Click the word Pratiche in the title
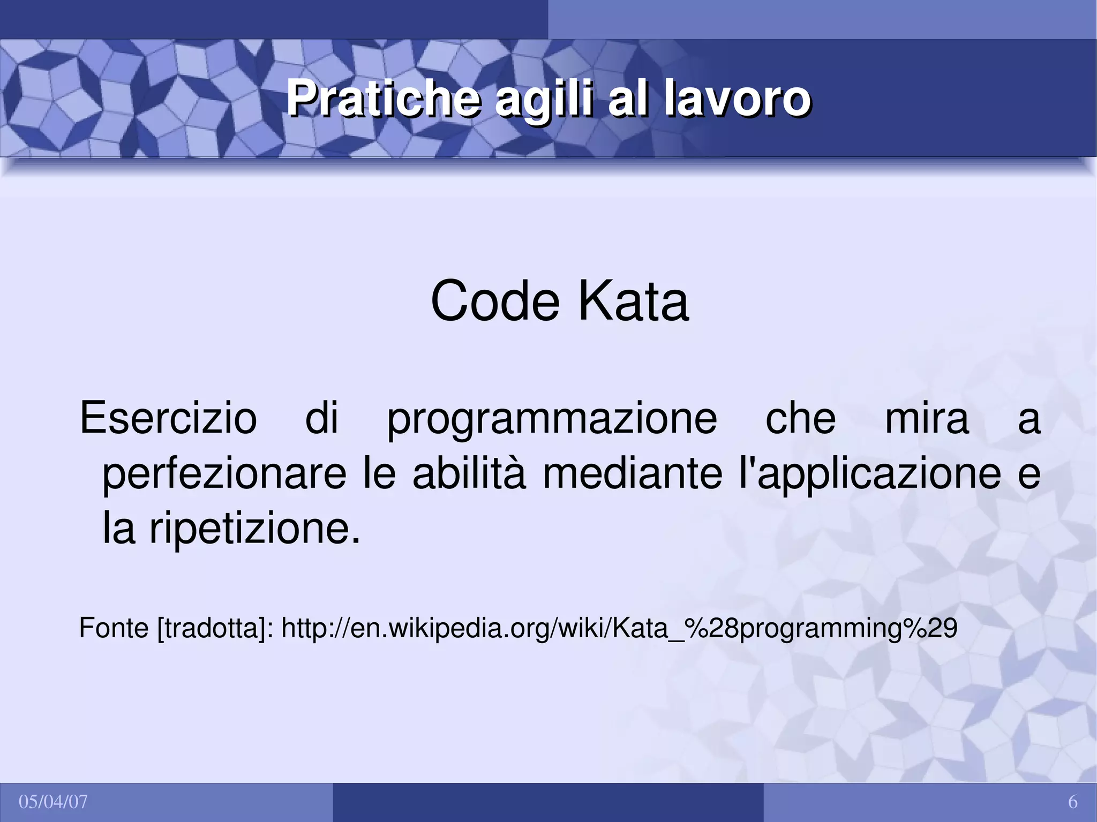382,99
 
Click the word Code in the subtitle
495,301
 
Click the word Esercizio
168,418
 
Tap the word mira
927,418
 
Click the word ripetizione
254,529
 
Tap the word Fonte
114,628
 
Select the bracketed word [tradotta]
215,629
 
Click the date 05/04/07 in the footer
53,802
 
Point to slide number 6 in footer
1072,802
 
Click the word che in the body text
800,418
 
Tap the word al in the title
627,99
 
